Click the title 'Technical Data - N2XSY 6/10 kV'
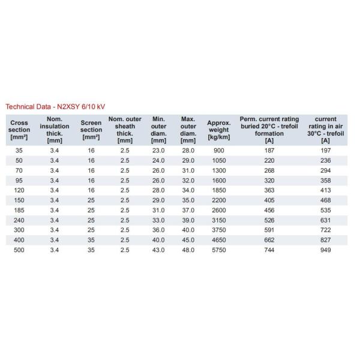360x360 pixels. coord(55,106)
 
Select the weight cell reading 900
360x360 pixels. coord(218,150)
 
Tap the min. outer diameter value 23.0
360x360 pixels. coord(158,150)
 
